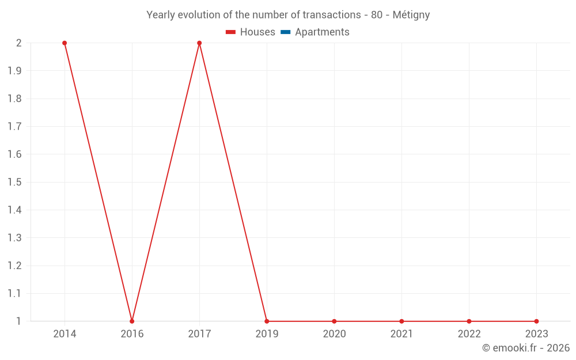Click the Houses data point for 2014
[65, 43]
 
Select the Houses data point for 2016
[132, 321]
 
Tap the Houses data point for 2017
[199, 43]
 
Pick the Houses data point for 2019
[267, 321]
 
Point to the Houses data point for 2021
[401, 321]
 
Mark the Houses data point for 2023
[536, 321]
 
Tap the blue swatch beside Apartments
[286, 32]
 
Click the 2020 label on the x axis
[334, 334]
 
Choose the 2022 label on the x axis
[469, 334]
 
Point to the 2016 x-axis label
[132, 334]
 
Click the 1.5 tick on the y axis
[14, 182]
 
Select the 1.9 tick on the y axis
[14, 71]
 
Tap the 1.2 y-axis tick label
[14, 266]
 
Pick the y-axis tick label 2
[18, 43]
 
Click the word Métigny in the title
[411, 15]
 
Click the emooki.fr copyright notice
[525, 348]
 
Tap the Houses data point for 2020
[334, 321]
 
